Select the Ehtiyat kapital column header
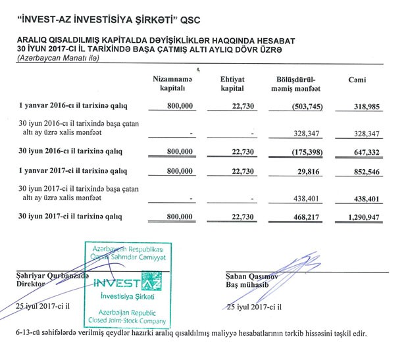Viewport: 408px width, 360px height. pos(233,84)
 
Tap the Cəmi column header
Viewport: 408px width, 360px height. pos(357,80)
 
